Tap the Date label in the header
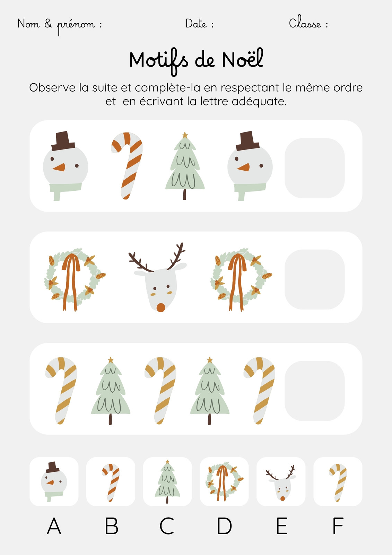196,24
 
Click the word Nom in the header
28,24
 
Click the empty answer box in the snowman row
314,168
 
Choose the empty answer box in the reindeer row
314,280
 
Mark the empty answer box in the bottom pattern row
314,391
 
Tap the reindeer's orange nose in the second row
161,307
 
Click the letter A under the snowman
54,526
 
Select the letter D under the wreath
224,526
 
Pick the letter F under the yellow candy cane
338,526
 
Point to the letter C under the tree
167,526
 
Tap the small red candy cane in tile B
111,483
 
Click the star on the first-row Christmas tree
185,135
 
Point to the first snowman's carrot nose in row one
59,167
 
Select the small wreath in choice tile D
224,481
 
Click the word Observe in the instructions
52,88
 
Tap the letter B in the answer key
112,526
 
